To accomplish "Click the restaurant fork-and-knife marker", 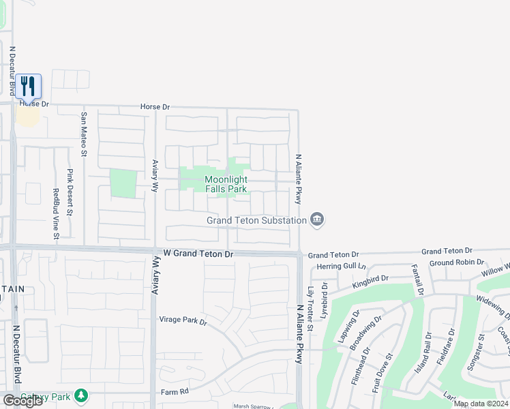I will pyautogui.click(x=28, y=86).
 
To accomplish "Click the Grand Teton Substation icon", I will pyautogui.click(x=317, y=219).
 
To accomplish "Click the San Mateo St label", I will pyautogui.click(x=84, y=134).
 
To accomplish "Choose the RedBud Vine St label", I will pyautogui.click(x=56, y=213).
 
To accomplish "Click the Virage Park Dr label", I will pyautogui.click(x=183, y=319).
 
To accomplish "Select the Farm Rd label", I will pyautogui.click(x=174, y=392).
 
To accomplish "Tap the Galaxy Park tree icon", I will pyautogui.click(x=81, y=395).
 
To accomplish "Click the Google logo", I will pyautogui.click(x=22, y=401).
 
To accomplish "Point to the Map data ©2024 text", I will pyautogui.click(x=480, y=404).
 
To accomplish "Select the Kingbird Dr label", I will pyautogui.click(x=370, y=278).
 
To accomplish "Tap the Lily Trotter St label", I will pyautogui.click(x=310, y=309).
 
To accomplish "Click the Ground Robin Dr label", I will pyautogui.click(x=456, y=262).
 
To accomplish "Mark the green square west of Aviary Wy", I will pyautogui.click(x=123, y=184).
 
